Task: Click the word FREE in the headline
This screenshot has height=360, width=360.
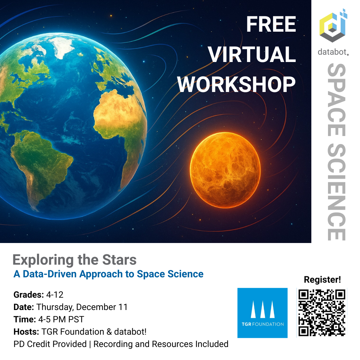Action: click(x=271, y=25)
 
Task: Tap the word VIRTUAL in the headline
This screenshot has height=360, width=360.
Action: click(x=252, y=55)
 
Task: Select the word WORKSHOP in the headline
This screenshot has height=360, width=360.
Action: click(x=236, y=84)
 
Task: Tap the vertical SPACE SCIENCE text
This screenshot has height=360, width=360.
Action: click(x=336, y=152)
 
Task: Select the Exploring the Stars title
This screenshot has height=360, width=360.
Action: click(x=74, y=260)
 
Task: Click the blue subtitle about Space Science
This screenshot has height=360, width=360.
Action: click(x=108, y=274)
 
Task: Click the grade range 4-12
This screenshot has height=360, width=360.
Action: click(x=55, y=295)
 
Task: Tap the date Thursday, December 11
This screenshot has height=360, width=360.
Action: click(x=82, y=307)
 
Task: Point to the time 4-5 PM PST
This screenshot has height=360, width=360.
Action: click(x=61, y=319)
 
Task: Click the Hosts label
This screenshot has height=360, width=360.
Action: click(x=26, y=332)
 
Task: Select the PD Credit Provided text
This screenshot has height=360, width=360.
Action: click(x=50, y=344)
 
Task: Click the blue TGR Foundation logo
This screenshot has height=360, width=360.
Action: click(x=262, y=313)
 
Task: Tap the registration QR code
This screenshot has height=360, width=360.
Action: click(x=322, y=312)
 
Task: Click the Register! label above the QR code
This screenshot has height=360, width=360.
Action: click(x=322, y=280)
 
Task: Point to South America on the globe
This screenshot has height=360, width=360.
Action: click(x=40, y=160)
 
